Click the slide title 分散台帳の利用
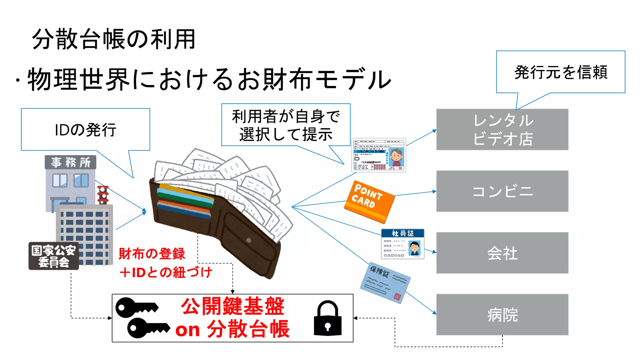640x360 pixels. (114, 39)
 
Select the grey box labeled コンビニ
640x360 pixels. (502, 191)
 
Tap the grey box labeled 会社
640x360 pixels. (502, 253)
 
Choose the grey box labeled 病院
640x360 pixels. (502, 314)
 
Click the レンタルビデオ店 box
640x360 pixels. (502, 129)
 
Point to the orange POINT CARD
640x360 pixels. (369, 201)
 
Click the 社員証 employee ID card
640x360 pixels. (402, 244)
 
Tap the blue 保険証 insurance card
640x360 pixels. (385, 282)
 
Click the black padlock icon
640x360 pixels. (327, 319)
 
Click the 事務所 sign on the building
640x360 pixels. (71, 162)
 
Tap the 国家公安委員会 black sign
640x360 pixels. (53, 256)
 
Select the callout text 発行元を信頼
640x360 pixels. (561, 72)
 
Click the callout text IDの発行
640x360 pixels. (85, 130)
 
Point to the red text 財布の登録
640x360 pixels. (152, 254)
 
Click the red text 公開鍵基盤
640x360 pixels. (232, 306)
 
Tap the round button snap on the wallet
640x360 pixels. (249, 240)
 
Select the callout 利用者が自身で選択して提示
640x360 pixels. (286, 125)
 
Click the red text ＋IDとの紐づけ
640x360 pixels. (166, 272)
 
